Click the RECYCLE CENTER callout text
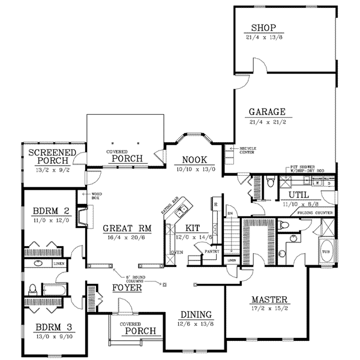click(x=246, y=150)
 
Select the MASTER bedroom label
click(x=271, y=299)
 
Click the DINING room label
click(x=196, y=314)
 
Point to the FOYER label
click(x=127, y=288)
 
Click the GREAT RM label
click(x=122, y=228)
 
